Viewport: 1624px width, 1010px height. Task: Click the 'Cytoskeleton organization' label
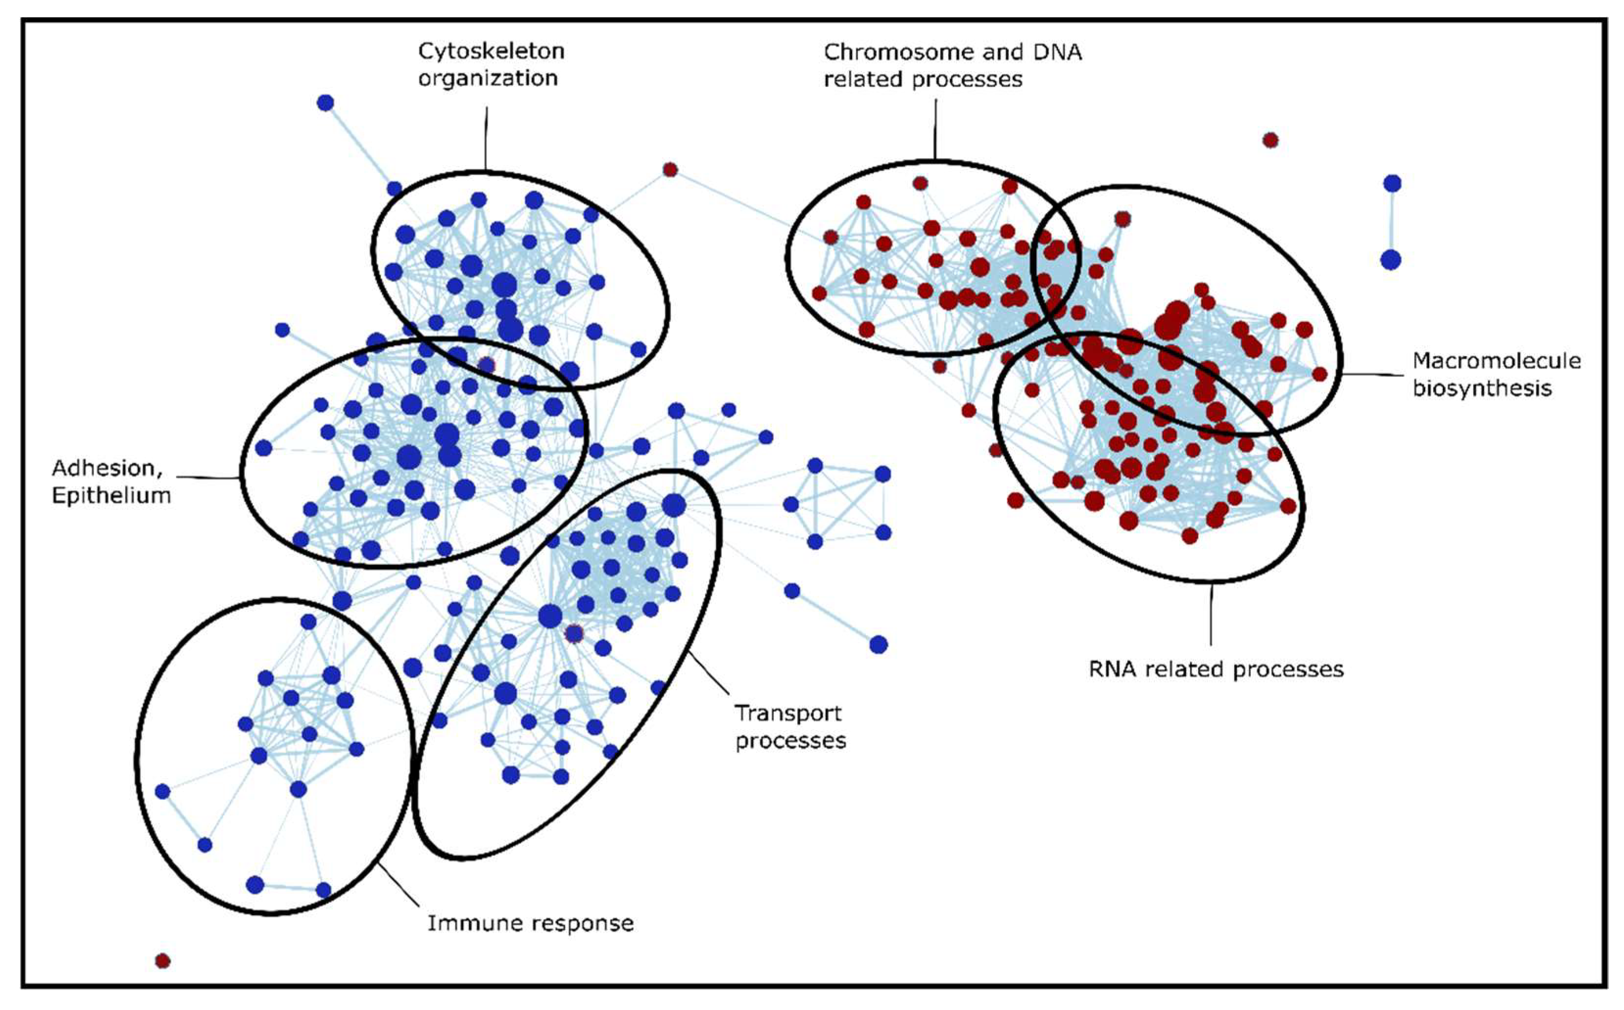click(x=491, y=64)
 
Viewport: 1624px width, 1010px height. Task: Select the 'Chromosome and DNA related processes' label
click(x=952, y=66)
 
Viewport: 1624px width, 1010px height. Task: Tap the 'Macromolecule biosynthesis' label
click(x=1496, y=374)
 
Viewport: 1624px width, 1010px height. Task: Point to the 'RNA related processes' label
click(x=1216, y=669)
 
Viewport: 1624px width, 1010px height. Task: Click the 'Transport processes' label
click(x=790, y=727)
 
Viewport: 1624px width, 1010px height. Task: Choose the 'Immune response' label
click(x=530, y=923)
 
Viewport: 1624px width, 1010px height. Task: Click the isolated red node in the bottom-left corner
click(x=162, y=961)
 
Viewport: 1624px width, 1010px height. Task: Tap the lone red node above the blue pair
click(x=1270, y=141)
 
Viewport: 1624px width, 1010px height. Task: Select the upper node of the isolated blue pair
click(x=1391, y=183)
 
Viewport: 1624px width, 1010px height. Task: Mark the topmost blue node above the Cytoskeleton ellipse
click(x=325, y=103)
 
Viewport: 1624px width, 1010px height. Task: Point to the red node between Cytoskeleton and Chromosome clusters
click(x=670, y=170)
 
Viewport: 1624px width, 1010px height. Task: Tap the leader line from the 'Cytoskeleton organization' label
click(x=486, y=137)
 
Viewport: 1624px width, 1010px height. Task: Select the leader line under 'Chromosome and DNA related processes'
click(x=935, y=128)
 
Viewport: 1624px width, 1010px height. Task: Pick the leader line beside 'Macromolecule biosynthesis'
click(x=1373, y=374)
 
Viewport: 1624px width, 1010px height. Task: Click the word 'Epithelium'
click(x=111, y=495)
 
